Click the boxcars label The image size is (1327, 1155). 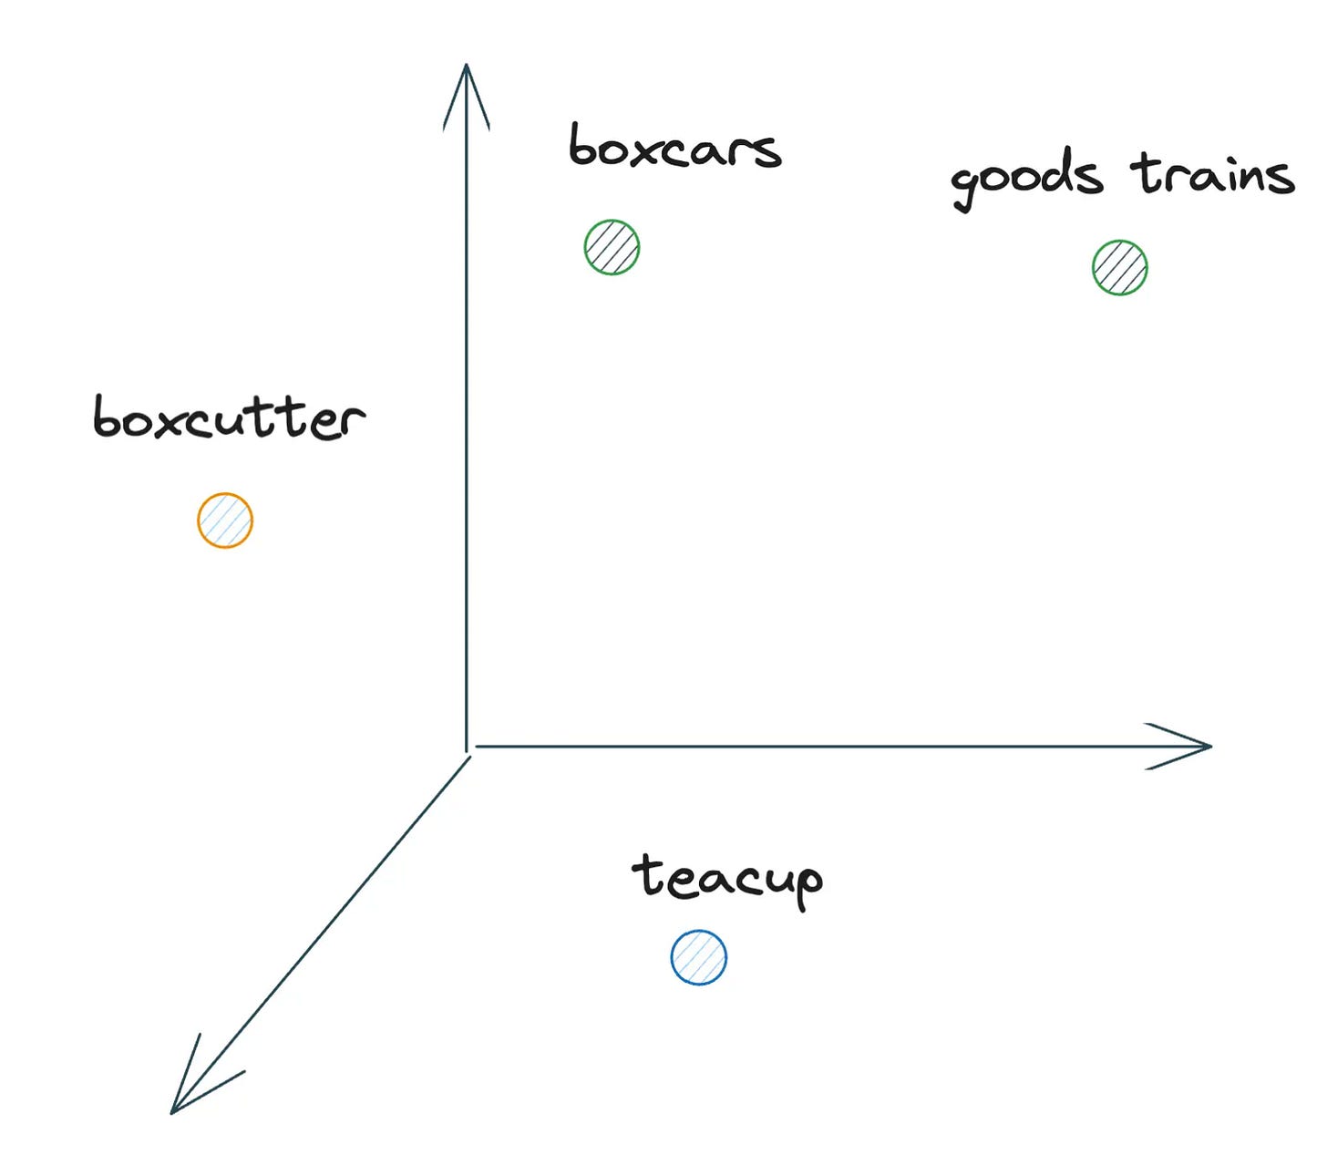pyautogui.click(x=674, y=149)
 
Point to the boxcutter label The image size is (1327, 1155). pyautogui.click(x=229, y=418)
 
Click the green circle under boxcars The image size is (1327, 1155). pyautogui.click(x=612, y=247)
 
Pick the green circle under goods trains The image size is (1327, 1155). pyautogui.click(x=1119, y=267)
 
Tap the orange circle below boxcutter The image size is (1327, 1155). pyautogui.click(x=225, y=521)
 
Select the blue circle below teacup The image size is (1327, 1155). pyautogui.click(x=699, y=957)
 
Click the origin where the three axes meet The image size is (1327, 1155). pyautogui.click(x=468, y=749)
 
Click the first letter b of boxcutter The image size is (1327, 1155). pyautogui.click(x=108, y=418)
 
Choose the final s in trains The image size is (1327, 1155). pyautogui.click(x=1280, y=178)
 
